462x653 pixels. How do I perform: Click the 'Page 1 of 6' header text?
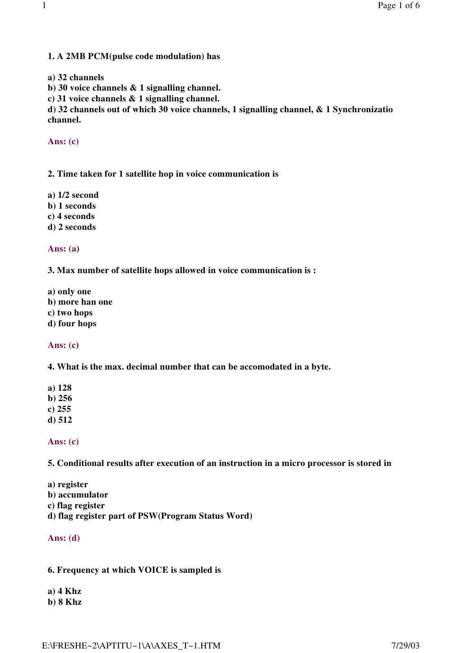coord(398,5)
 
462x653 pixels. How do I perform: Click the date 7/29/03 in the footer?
coord(406,645)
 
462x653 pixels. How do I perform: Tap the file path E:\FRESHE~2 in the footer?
coord(131,645)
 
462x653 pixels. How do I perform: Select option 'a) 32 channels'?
coord(76,78)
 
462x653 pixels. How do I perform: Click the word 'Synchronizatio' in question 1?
coord(363,110)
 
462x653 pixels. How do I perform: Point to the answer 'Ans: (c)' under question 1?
coord(63,142)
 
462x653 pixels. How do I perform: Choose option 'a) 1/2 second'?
coord(73,195)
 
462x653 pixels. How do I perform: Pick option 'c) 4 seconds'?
coord(71,216)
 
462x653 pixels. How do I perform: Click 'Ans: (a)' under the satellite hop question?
coord(64,249)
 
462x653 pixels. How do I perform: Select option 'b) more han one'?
coord(80,302)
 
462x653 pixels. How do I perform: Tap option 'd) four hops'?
coord(72,324)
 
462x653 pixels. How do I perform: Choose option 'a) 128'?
coord(60,388)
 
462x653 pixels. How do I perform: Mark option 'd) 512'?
coord(60,420)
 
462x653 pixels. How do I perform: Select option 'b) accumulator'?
coord(78,495)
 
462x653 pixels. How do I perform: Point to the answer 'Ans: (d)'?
coord(64,538)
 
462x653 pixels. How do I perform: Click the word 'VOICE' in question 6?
coord(153,570)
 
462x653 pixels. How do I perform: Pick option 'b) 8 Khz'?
coord(65,602)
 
